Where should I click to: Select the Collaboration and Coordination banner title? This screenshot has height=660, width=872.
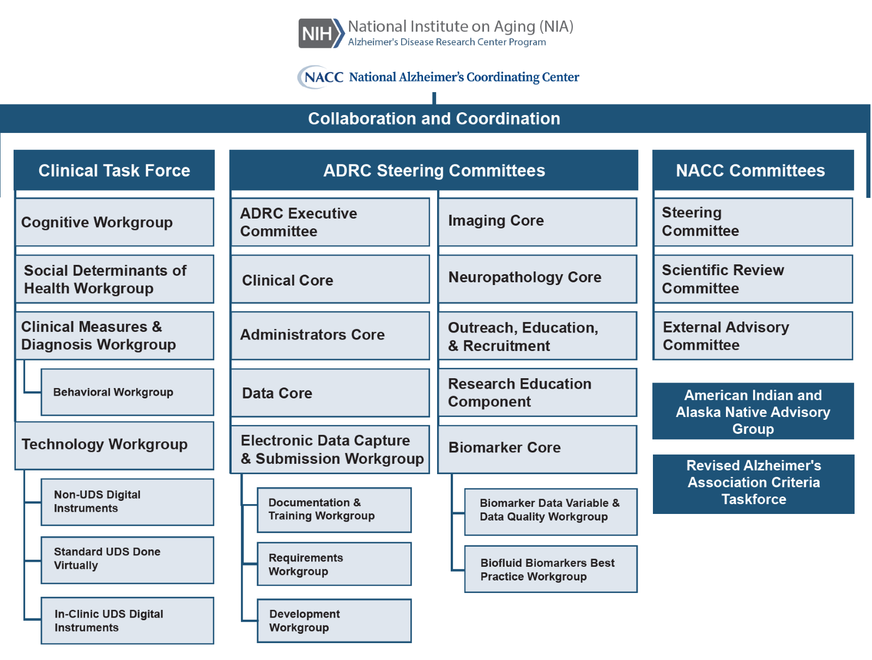click(434, 119)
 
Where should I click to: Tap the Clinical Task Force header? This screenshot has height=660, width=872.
click(114, 171)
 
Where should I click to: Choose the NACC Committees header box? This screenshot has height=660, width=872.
click(752, 171)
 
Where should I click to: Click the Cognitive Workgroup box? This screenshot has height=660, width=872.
click(114, 222)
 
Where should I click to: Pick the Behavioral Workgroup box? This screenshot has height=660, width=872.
click(127, 392)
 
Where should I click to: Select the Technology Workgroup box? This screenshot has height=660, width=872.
click(114, 445)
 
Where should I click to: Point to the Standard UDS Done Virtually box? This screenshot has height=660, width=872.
click(127, 559)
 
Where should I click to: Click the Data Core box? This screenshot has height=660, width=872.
click(330, 393)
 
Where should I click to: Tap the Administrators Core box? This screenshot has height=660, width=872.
click(330, 335)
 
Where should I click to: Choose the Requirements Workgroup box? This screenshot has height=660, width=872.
click(334, 564)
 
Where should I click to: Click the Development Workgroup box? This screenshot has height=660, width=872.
click(334, 621)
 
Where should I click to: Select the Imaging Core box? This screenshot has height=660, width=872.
click(537, 221)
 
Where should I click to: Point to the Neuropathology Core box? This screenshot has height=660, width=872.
click(537, 278)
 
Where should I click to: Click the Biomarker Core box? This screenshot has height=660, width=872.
click(537, 448)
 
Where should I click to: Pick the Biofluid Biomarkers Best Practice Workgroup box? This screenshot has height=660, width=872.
click(550, 570)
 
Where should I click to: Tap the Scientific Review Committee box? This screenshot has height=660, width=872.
click(753, 279)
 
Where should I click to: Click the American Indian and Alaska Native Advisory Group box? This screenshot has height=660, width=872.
click(753, 411)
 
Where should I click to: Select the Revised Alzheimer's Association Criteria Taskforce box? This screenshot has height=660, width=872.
click(753, 483)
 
